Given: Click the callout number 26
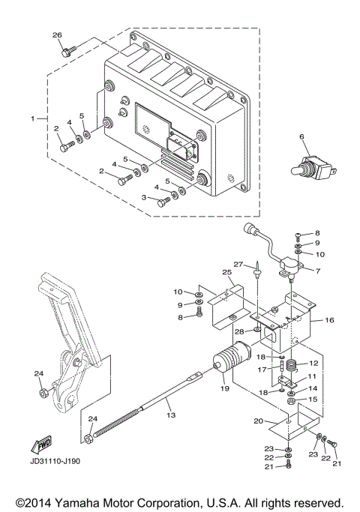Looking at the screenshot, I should coord(58,35).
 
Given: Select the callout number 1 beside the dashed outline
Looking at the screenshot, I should coord(33,118).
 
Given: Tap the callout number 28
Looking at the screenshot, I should coord(239,331).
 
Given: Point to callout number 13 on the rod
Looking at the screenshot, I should coord(169,414).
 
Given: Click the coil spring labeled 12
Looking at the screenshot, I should coord(294,367).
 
